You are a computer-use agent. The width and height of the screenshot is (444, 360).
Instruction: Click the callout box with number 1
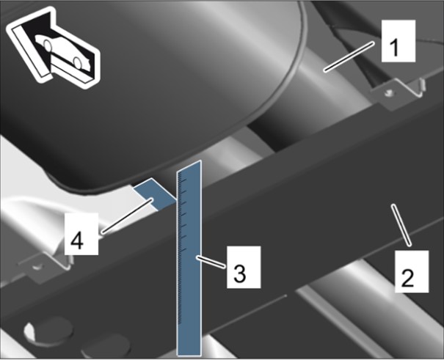398,41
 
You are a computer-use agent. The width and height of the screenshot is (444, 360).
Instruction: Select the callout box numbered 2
412,271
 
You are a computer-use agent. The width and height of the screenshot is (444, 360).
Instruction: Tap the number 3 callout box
244,267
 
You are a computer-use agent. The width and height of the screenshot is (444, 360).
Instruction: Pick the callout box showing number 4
81,234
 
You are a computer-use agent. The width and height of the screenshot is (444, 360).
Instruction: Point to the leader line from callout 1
349,56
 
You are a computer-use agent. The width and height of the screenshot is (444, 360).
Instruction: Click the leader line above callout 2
401,225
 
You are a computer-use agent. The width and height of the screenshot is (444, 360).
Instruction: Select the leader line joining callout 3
211,262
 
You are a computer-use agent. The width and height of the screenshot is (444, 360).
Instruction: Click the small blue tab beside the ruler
154,194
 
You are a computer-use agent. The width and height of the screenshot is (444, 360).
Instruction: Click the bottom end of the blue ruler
189,355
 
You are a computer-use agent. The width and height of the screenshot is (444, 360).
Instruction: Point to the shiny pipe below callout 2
368,306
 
